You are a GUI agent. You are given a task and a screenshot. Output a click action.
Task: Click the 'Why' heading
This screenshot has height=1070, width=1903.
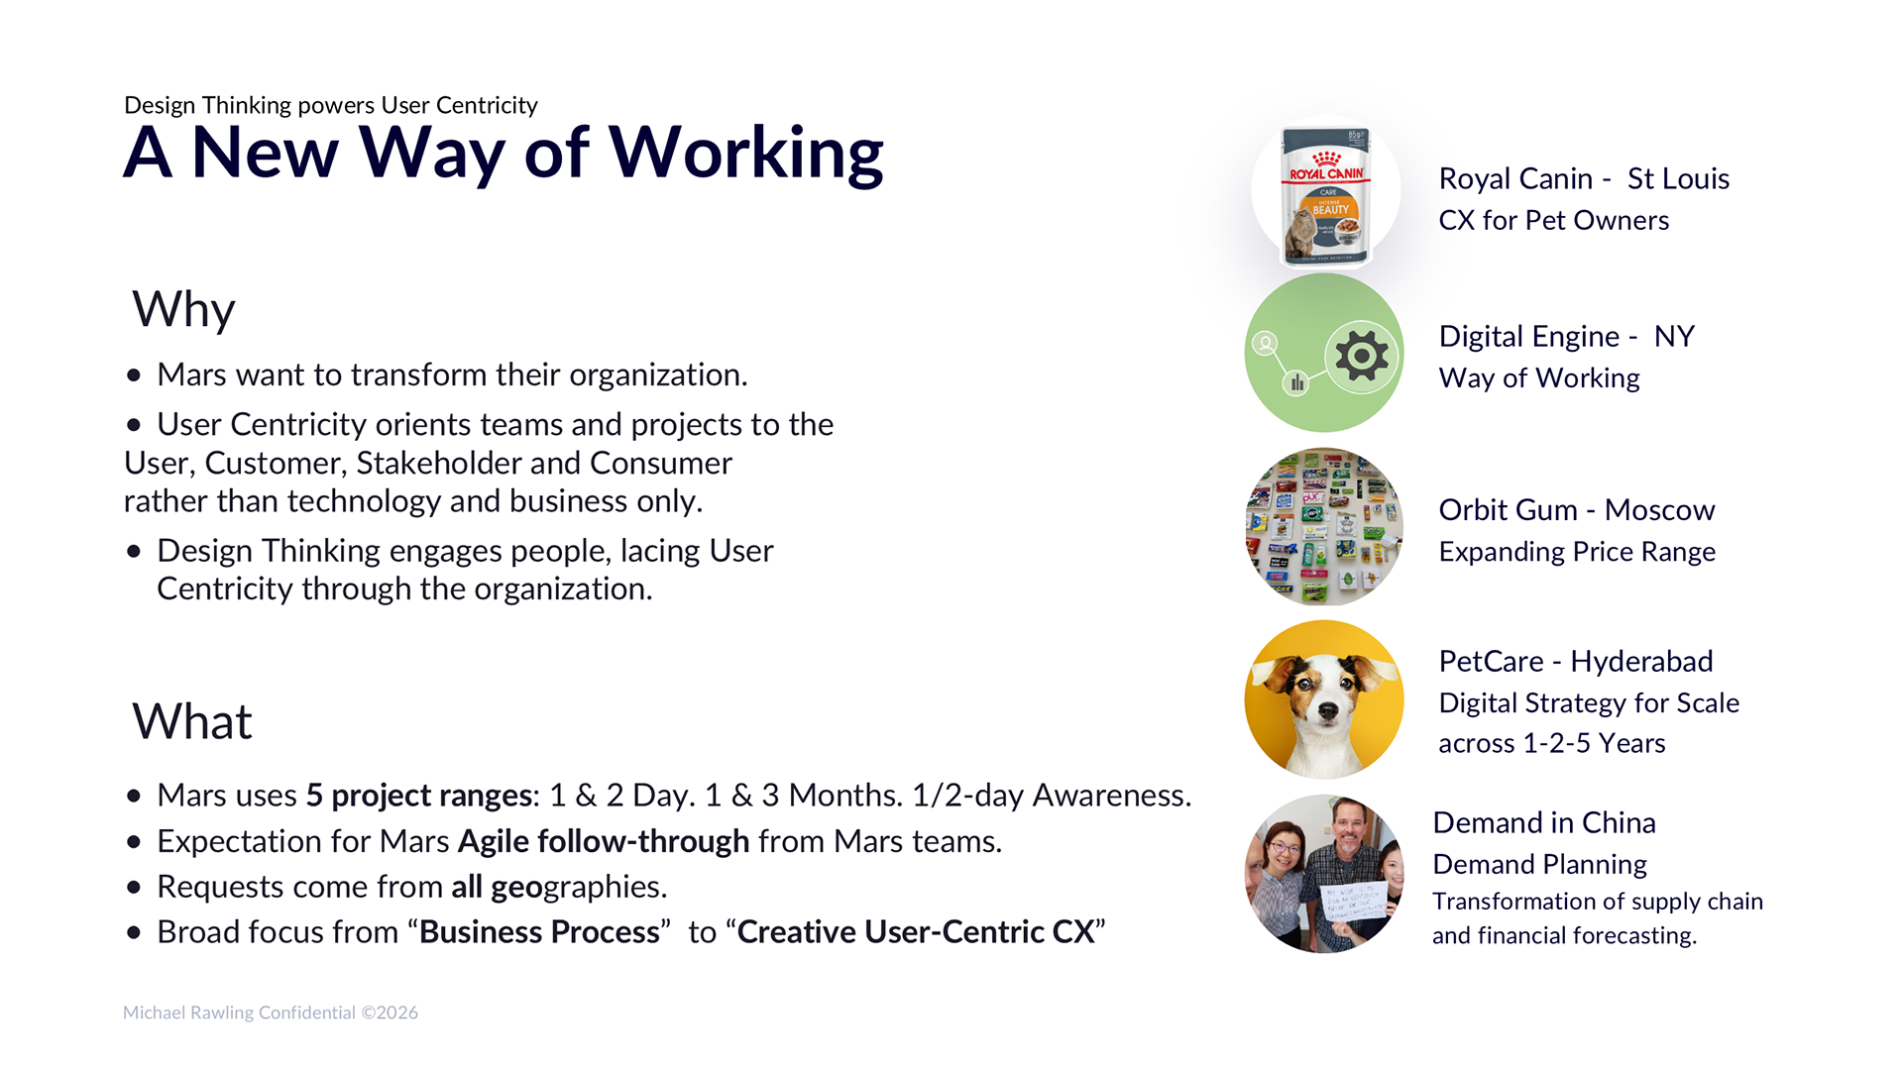click(183, 309)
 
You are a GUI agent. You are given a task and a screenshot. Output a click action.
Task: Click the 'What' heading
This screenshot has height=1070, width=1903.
click(192, 721)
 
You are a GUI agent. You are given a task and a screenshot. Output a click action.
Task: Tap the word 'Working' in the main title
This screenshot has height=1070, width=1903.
click(745, 155)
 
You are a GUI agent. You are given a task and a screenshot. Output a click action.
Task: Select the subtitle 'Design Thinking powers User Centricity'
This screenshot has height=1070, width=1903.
click(331, 105)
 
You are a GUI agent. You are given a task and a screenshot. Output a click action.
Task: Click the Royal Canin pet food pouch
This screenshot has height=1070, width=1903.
click(1326, 195)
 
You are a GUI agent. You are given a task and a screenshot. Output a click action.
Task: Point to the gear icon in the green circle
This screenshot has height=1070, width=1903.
click(1362, 355)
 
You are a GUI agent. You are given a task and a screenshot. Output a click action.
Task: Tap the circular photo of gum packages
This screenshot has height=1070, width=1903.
click(1324, 527)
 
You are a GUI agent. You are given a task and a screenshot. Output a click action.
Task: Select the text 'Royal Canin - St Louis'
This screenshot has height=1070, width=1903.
click(1584, 178)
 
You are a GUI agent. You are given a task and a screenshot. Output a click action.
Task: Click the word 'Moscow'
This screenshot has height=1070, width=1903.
click(1659, 510)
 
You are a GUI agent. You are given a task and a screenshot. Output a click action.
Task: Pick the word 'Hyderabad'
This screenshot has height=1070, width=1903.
click(1641, 662)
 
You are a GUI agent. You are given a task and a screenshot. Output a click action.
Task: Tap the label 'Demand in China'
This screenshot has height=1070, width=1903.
click(1544, 822)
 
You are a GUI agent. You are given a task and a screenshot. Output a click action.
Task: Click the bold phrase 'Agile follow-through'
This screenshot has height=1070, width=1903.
click(604, 841)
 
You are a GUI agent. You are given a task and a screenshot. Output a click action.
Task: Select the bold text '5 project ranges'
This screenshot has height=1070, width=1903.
click(419, 796)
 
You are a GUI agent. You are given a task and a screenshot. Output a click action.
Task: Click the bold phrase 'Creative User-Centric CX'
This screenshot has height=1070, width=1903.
click(916, 932)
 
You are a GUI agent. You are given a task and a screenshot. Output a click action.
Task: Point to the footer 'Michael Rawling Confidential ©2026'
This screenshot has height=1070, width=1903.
click(271, 1013)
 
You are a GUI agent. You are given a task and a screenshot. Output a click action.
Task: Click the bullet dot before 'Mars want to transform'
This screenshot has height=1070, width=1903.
click(134, 375)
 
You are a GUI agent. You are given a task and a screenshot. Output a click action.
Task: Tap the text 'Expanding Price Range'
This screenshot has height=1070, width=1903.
click(1577, 552)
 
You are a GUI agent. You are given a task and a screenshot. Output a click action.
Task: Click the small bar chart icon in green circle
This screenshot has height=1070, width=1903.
click(1296, 382)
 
